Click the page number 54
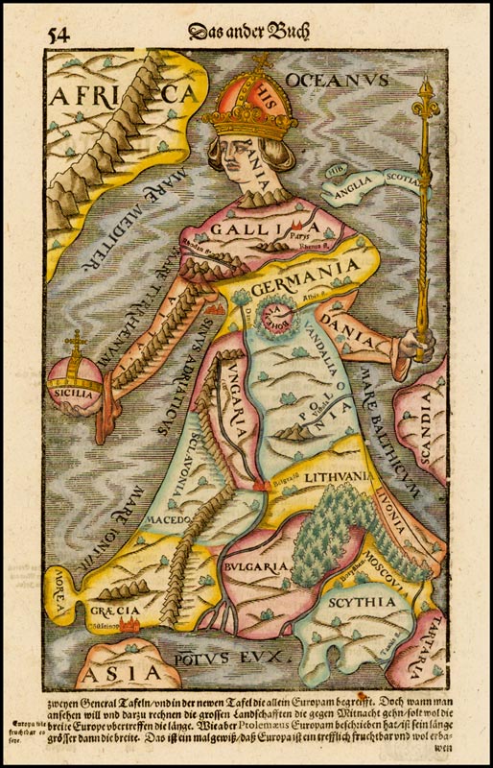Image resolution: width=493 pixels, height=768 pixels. tap(57, 36)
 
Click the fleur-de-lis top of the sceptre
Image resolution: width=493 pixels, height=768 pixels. tap(426, 103)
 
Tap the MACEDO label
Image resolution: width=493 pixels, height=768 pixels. tap(172, 519)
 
